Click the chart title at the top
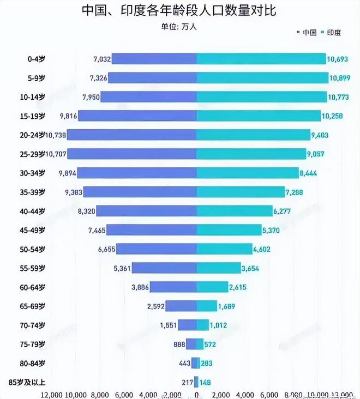pyautogui.click(x=179, y=11)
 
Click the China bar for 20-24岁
pyautogui.click(x=131, y=135)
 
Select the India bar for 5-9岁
pyautogui.click(x=262, y=78)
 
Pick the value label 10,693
pyautogui.click(x=338, y=59)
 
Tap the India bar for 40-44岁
pyautogui.click(x=235, y=211)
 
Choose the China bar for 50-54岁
pyautogui.click(x=157, y=249)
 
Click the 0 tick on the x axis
pyautogui.click(x=197, y=394)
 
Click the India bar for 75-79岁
pyautogui.click(x=200, y=344)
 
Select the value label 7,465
pyautogui.click(x=95, y=230)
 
